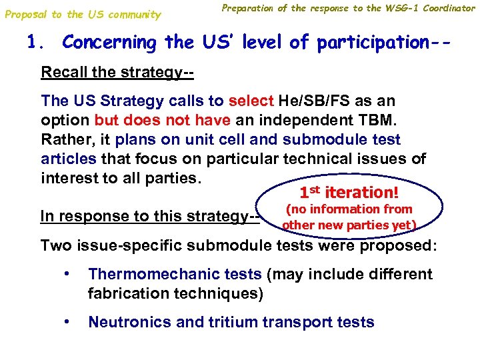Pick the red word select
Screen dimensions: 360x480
251,101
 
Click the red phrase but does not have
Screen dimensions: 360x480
151,121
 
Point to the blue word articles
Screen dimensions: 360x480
69,159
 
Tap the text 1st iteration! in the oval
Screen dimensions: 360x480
349,193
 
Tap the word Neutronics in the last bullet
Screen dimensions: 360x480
127,323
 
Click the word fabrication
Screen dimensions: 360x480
129,293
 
